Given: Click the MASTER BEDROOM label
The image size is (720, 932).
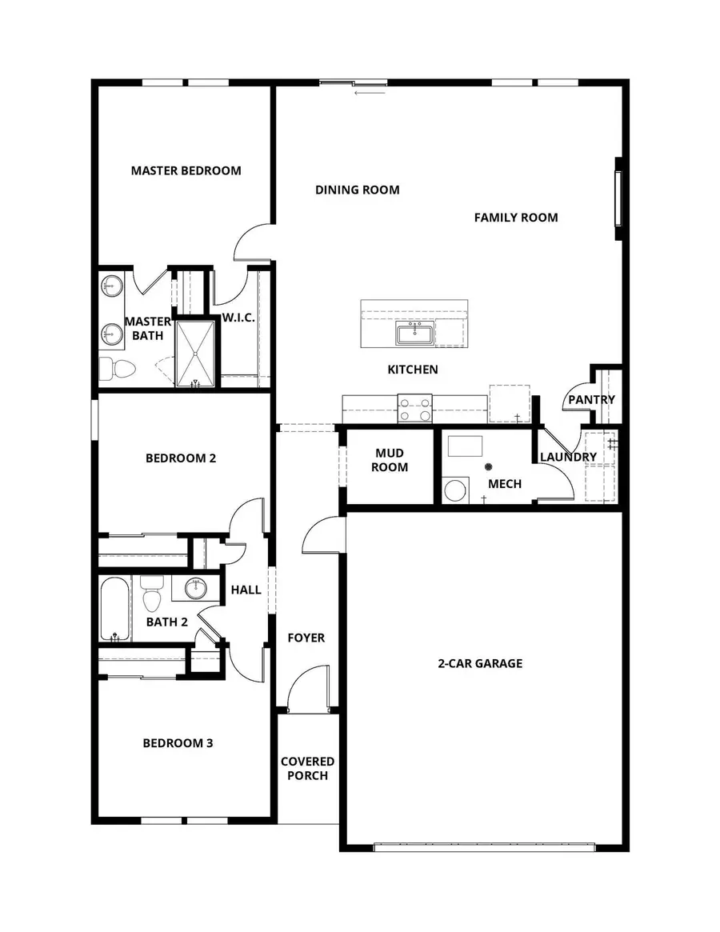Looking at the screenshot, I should point(186,170).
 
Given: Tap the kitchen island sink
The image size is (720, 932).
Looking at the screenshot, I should point(414,334).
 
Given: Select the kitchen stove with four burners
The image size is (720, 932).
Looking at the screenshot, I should point(415,409).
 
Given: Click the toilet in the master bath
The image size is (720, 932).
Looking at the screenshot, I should point(118,369).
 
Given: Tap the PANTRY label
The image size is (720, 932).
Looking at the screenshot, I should point(591,400).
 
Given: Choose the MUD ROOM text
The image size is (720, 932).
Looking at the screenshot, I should point(391,460).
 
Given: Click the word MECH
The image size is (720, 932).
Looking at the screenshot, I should point(505,484).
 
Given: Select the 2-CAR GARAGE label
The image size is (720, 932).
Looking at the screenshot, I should point(480,663).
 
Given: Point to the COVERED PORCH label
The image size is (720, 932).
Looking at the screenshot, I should point(307,768).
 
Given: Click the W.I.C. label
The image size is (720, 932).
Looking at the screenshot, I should point(238,318).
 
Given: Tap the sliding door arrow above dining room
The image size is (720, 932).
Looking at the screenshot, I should point(370,93).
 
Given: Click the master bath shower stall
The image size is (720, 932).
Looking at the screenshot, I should point(196,353).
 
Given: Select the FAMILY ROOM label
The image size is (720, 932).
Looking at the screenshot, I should point(516,218).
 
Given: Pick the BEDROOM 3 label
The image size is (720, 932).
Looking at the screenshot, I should point(178,743).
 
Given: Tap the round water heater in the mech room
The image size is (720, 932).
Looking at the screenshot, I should point(455,490).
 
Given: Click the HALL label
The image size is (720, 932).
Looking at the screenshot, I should point(246,590).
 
